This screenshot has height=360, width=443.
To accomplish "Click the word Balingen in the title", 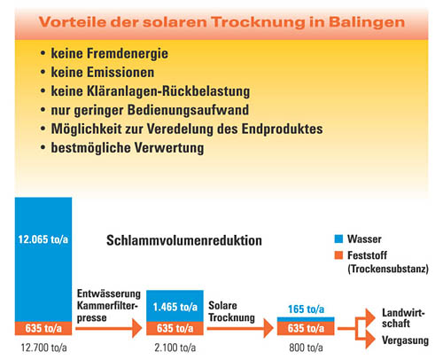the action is tap(367, 23).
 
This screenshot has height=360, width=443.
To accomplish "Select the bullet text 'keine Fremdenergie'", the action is tap(110, 54).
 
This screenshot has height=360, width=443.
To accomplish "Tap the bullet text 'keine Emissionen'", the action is tap(103, 73).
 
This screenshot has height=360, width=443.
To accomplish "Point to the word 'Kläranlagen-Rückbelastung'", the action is tap(168, 91).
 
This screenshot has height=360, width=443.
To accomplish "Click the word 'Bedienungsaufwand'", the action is tap(188, 110).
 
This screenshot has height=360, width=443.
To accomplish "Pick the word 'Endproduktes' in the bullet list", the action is tap(282, 129).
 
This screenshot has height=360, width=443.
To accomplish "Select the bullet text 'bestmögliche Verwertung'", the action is tap(128, 148).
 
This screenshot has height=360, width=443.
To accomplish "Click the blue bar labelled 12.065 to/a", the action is tap(43, 259).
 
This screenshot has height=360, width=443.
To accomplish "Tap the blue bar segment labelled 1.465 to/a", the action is tap(175, 306).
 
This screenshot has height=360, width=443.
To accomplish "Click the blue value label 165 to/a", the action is tap(306, 309).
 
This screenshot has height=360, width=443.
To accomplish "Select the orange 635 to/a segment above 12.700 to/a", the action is tap(43, 328).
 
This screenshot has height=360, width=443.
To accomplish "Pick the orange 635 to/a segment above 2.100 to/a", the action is tap(175, 328).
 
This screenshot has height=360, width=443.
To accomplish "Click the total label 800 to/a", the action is tap(306, 348).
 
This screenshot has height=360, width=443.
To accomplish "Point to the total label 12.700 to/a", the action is tap(43, 348).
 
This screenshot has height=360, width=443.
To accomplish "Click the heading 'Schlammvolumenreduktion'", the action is tap(184, 240).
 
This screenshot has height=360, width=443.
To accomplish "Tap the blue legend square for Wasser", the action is tap(338, 239).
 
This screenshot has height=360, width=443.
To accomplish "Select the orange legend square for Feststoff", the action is tap(338, 255).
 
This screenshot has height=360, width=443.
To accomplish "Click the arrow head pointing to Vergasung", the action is tap(370, 340).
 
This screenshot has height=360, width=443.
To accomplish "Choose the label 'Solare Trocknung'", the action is tap(231, 311).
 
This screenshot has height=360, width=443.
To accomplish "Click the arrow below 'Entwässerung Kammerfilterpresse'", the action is tap(109, 328).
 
